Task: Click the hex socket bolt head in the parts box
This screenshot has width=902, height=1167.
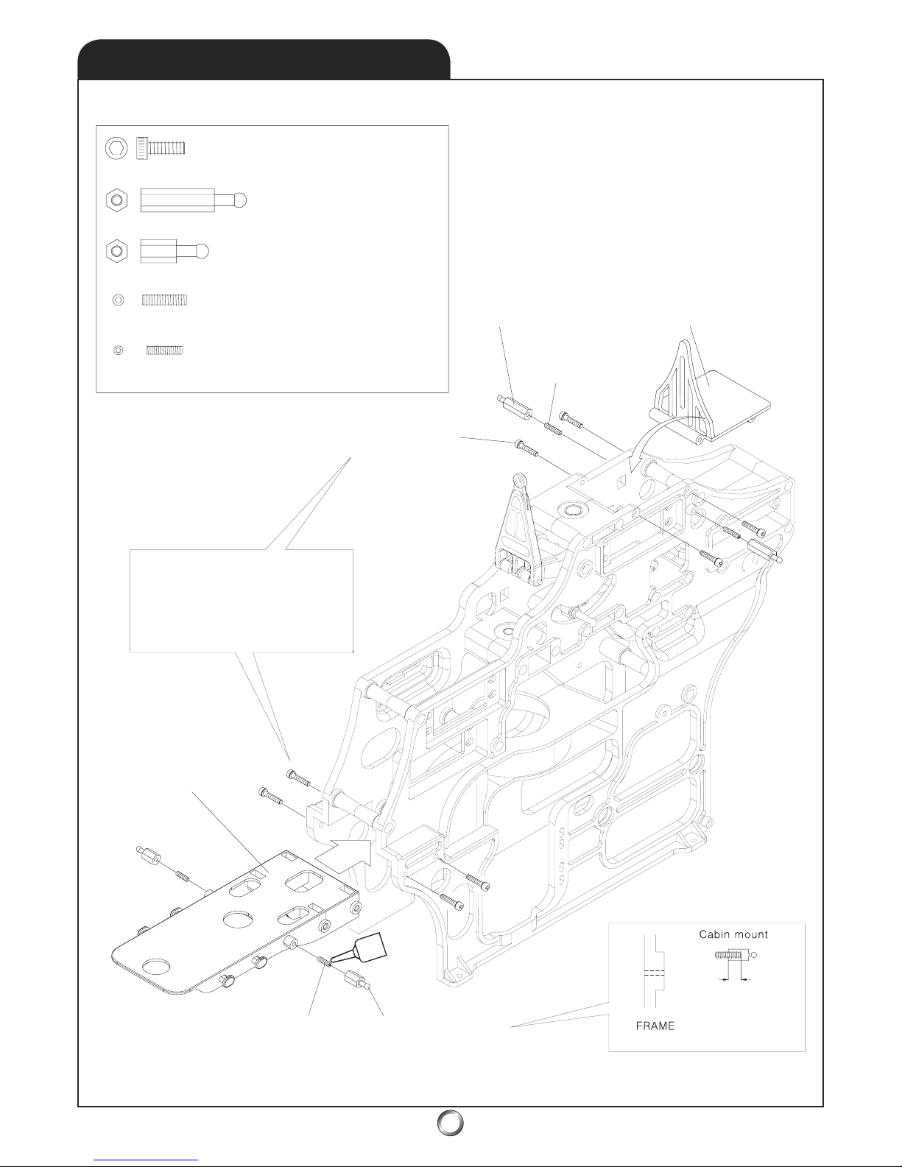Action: [x=115, y=148]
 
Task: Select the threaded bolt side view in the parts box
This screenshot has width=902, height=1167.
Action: [x=161, y=149]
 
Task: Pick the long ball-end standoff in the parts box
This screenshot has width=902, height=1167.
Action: [x=194, y=200]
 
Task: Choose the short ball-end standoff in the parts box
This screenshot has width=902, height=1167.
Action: [x=175, y=251]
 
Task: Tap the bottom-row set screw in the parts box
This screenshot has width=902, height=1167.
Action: [x=163, y=350]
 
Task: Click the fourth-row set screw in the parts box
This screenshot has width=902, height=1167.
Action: [x=165, y=300]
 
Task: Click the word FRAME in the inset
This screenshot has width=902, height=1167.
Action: [x=655, y=1026]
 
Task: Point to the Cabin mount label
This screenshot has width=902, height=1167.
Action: [x=733, y=934]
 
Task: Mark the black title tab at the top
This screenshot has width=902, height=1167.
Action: [x=264, y=58]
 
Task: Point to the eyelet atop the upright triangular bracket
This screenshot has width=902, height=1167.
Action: [x=521, y=482]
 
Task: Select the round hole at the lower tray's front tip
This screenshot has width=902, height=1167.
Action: [x=155, y=966]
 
